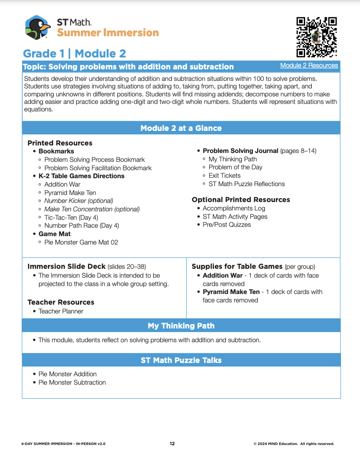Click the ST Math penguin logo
[38, 27]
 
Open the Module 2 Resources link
[309, 65]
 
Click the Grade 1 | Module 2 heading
[74, 53]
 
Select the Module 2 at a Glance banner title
[181, 128]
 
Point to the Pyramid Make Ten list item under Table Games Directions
[70, 193]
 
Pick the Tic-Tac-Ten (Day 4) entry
[71, 218]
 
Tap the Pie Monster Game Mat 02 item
[81, 242]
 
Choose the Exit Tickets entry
[225, 176]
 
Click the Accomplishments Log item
[234, 208]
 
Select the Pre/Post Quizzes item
[227, 225]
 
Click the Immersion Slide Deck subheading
[67, 266]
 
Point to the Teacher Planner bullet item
[61, 311]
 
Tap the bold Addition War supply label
[222, 275]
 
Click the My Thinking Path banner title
[181, 326]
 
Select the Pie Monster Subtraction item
[72, 382]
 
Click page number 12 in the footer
[172, 443]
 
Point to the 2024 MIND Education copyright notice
[294, 443]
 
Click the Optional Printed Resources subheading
[241, 199]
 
